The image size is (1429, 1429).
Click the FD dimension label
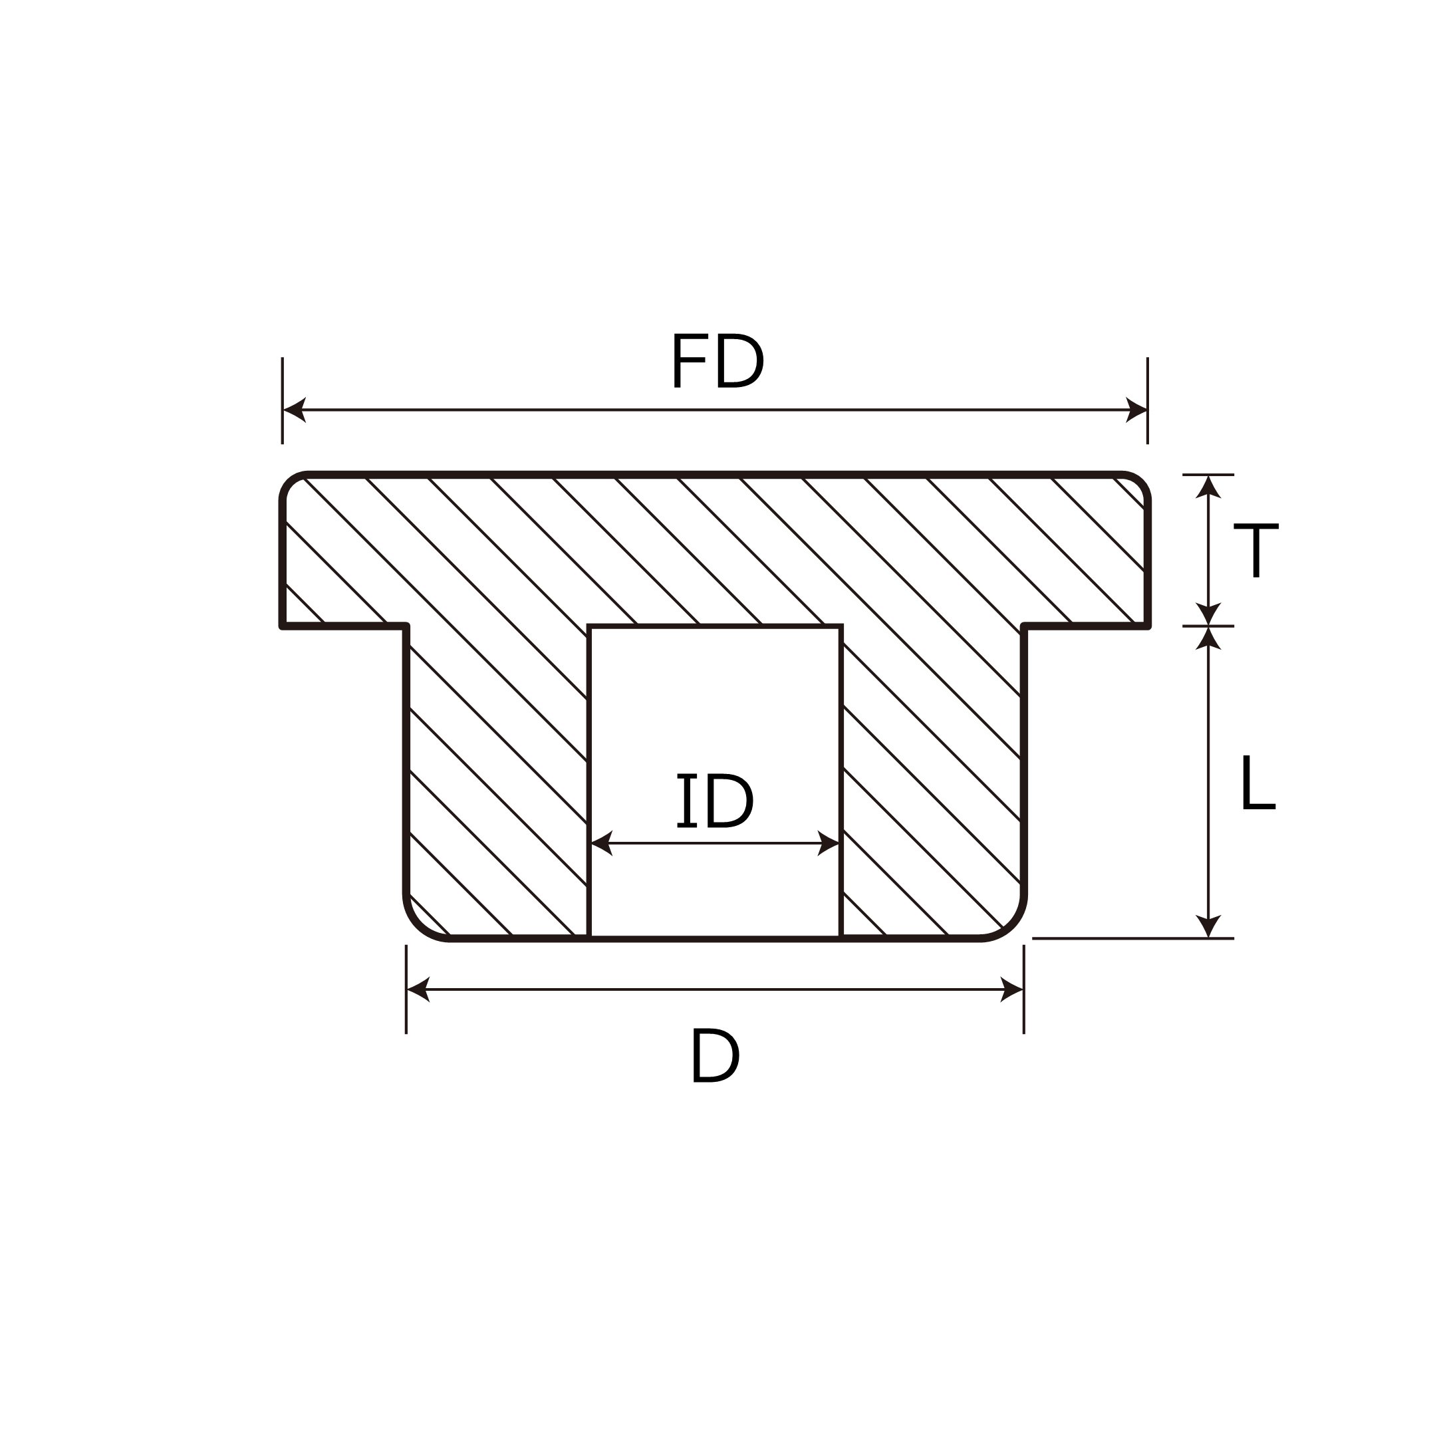coord(717,361)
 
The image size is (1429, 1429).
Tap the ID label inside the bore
coord(714,801)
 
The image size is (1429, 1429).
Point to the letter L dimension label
coord(1257,783)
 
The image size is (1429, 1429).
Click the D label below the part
coord(715,1056)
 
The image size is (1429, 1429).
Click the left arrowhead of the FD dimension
coord(295,410)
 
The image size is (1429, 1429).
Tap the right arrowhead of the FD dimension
coord(1136,410)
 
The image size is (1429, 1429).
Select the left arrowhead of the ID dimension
coord(602,843)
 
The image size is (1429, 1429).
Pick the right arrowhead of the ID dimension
coord(829,843)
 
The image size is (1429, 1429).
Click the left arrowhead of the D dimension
coord(419,989)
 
